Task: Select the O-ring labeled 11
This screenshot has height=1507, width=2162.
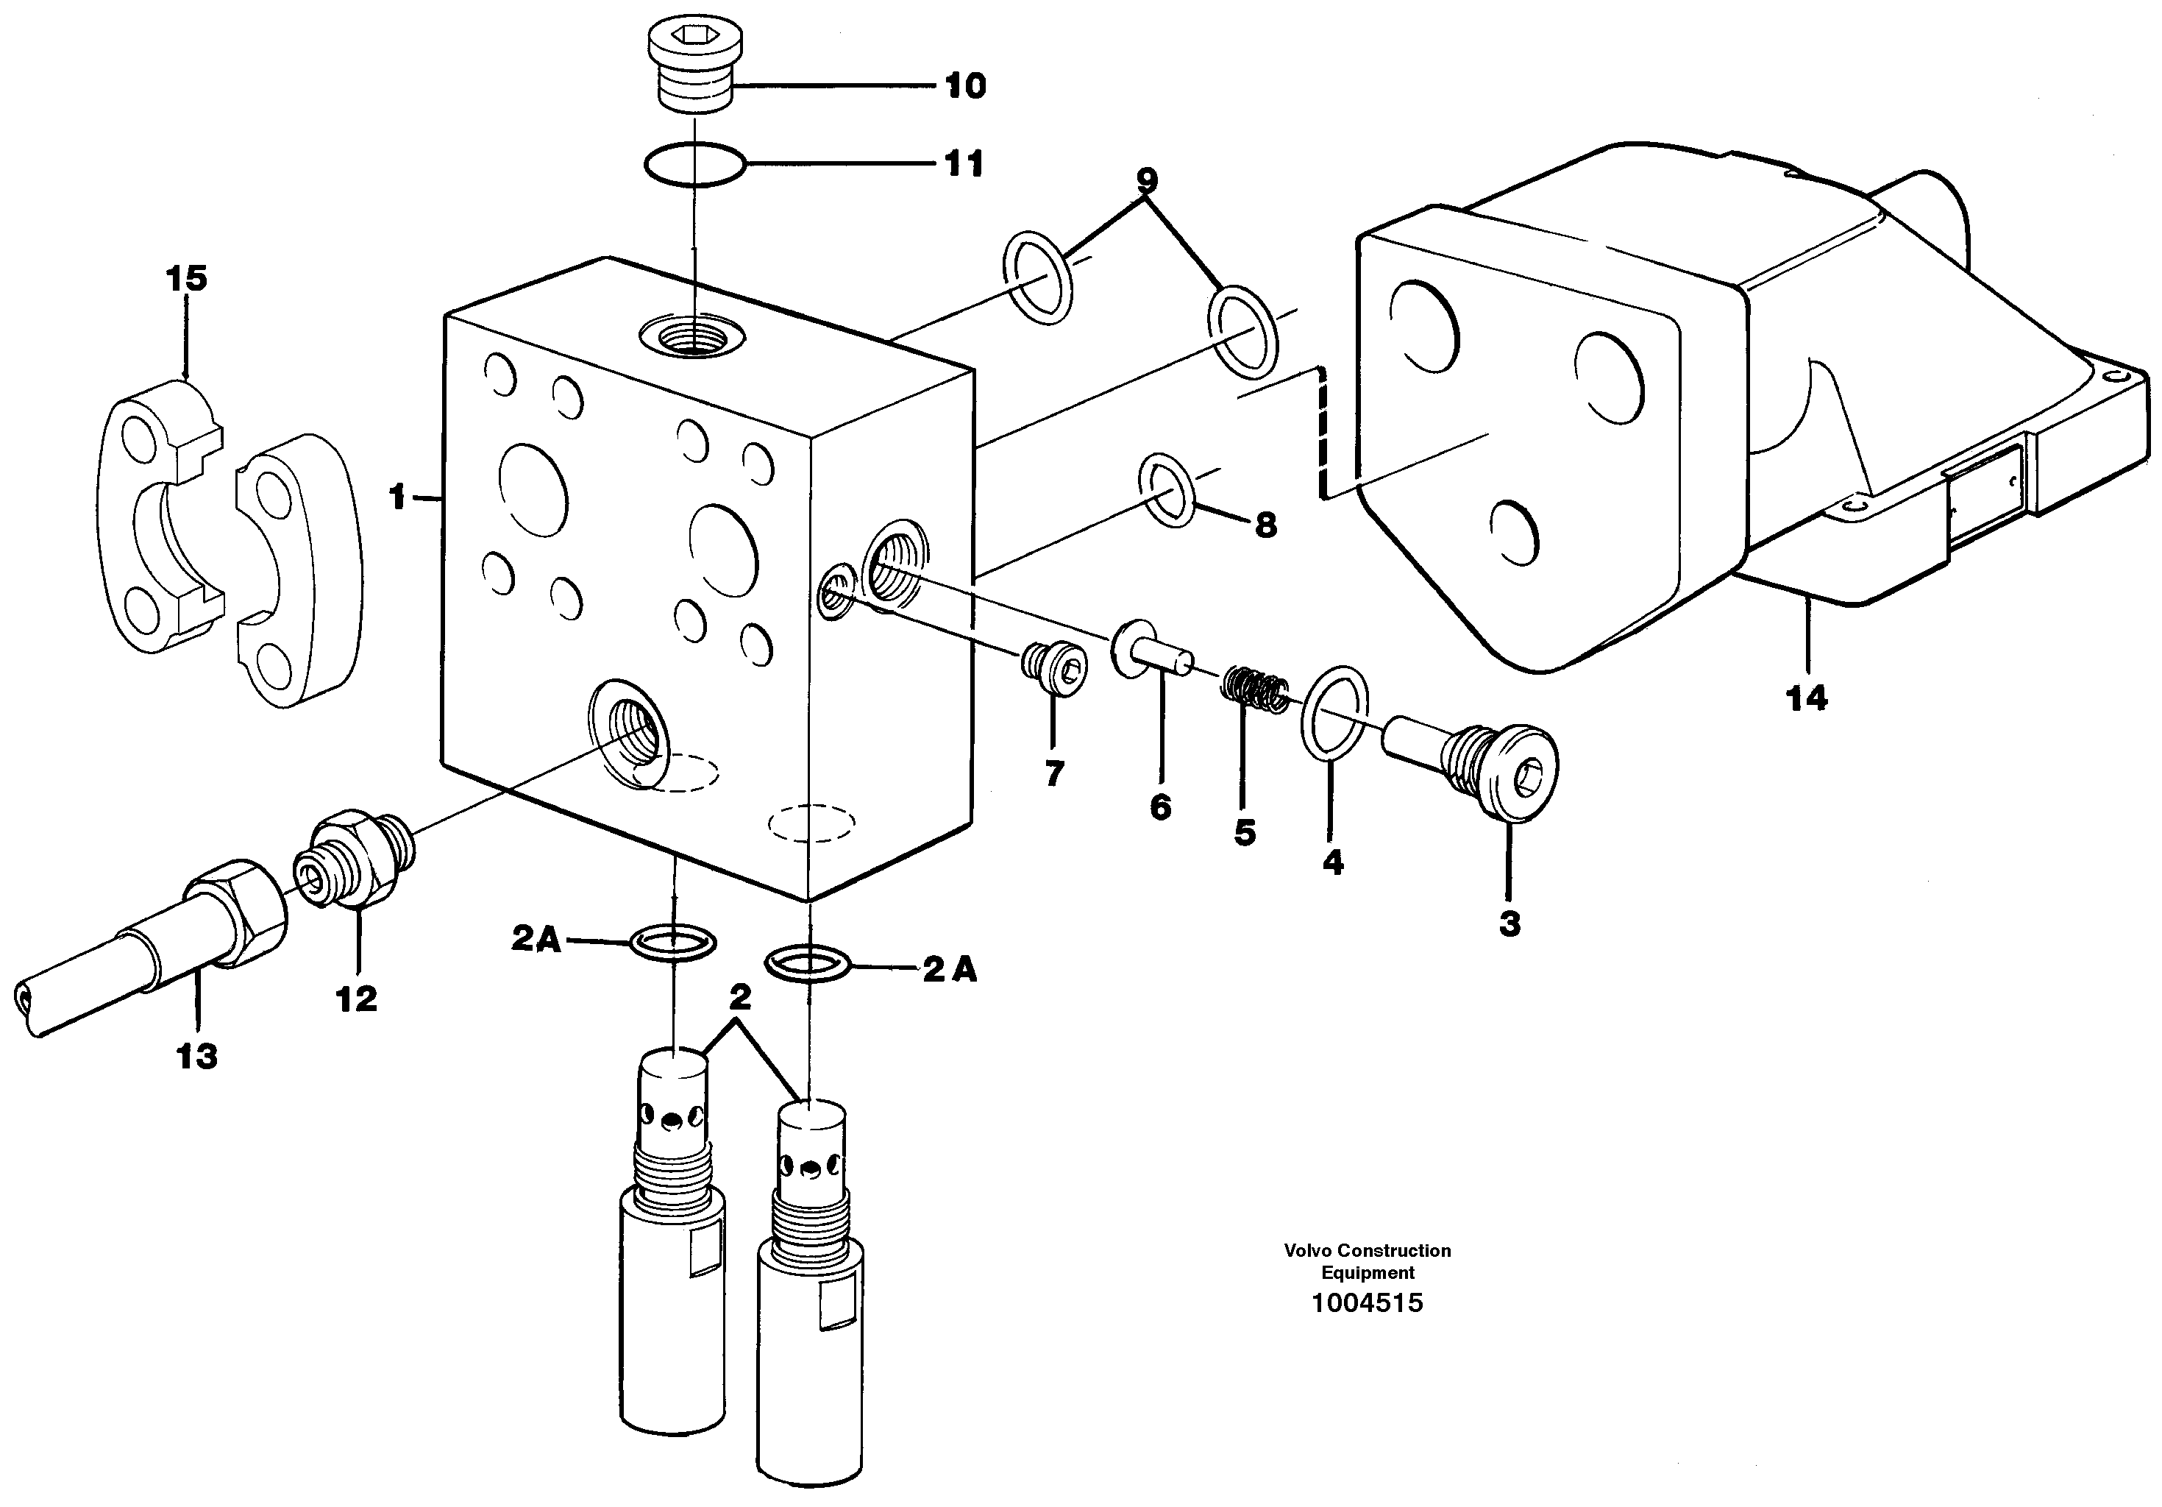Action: click(695, 164)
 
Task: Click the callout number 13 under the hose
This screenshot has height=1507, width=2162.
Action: click(197, 1057)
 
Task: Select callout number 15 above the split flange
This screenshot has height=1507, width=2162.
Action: click(186, 279)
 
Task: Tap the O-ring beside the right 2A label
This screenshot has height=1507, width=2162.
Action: click(808, 965)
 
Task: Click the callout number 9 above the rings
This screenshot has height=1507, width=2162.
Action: click(1146, 179)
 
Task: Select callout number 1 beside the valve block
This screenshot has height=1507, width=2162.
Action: click(397, 497)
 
